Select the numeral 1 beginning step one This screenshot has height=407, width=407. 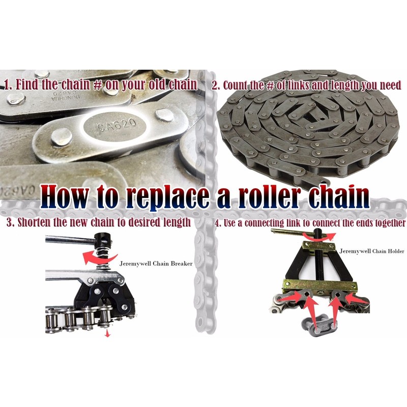click(x=7, y=84)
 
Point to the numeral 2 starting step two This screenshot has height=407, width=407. click(x=215, y=85)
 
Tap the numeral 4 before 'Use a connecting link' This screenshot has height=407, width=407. click(x=217, y=223)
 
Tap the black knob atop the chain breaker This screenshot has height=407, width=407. click(x=106, y=239)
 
